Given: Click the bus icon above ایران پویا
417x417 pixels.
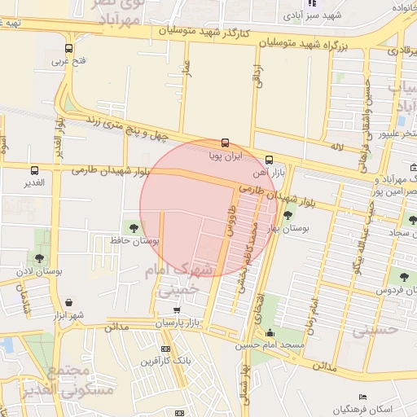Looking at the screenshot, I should pyautogui.click(x=226, y=143).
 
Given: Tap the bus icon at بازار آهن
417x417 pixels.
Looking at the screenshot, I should pyautogui.click(x=270, y=160).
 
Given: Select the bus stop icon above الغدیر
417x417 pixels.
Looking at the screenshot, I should pyautogui.click(x=34, y=170).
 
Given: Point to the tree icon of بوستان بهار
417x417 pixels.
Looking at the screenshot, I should pyautogui.click(x=288, y=215).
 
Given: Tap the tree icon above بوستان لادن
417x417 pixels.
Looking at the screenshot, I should pyautogui.click(x=39, y=258).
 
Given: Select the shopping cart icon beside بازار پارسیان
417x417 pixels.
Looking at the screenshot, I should pyautogui.click(x=178, y=309).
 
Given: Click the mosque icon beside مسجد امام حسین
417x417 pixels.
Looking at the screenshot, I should pyautogui.click(x=270, y=332).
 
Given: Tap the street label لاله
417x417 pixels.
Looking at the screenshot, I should pyautogui.click(x=336, y=147).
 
